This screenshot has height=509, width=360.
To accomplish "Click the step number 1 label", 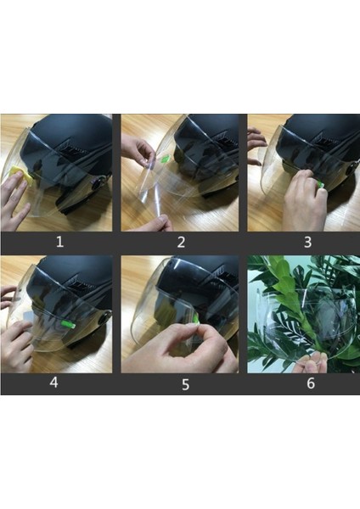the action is click(59, 242).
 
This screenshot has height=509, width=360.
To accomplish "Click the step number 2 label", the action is click(181, 242).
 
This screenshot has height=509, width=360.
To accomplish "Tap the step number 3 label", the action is click(307, 242).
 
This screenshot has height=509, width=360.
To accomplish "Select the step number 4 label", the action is click(54, 382).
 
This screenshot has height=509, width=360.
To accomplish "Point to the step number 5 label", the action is click(185, 384).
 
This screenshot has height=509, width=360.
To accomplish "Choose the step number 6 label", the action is click(311, 383).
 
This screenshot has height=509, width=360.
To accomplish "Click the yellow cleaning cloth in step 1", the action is click(22, 176).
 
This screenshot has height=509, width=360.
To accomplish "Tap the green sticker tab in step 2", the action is click(165, 159).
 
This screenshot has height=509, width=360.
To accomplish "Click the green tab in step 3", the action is click(321, 184).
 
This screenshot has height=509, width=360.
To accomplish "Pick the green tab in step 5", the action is click(196, 319).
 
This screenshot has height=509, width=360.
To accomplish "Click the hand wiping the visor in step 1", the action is click(14, 198).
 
